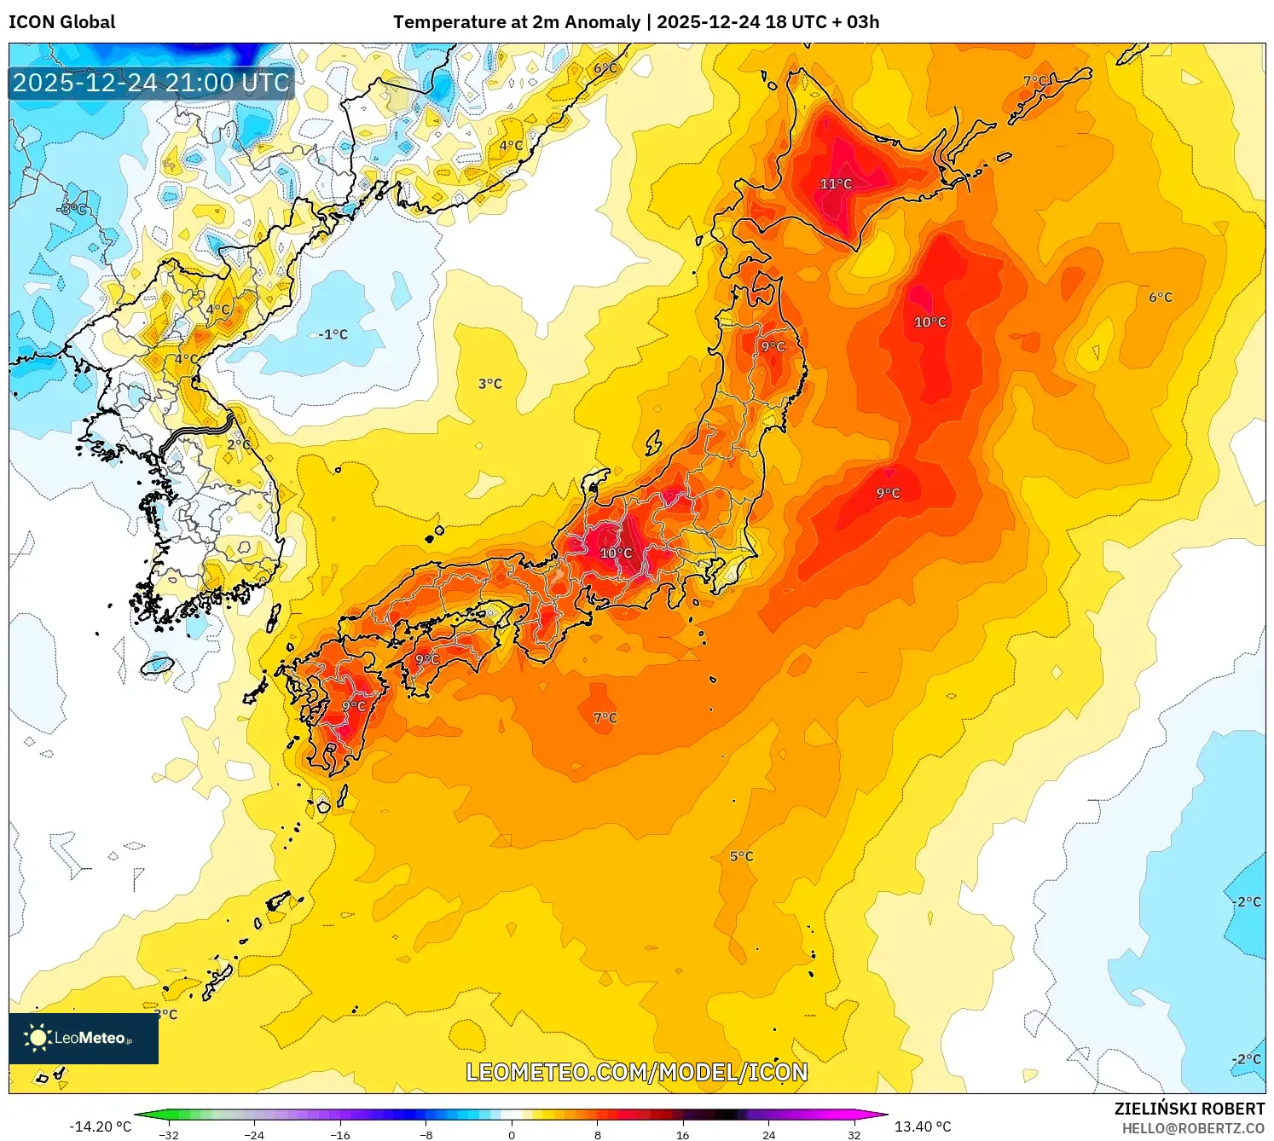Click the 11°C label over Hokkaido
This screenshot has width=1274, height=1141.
click(836, 184)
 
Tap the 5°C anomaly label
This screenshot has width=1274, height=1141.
click(741, 856)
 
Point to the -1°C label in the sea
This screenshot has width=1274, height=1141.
click(333, 334)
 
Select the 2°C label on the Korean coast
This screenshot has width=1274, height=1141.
click(239, 444)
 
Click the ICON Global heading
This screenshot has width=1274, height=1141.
click(61, 22)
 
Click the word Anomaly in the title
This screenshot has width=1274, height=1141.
click(604, 22)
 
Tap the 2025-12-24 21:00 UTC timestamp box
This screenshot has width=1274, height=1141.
click(151, 83)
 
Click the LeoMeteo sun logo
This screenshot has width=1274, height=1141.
click(38, 1038)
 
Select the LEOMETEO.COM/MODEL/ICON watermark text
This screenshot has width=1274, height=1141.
click(636, 1072)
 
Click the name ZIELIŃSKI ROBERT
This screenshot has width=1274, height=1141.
click(1189, 1109)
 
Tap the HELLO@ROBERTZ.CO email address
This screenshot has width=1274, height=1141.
click(1192, 1128)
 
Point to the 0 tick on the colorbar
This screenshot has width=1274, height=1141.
click(512, 1134)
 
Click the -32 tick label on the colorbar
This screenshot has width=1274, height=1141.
click(169, 1135)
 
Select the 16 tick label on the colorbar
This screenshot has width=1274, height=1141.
click(682, 1135)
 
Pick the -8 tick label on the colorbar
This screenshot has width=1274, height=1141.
click(426, 1135)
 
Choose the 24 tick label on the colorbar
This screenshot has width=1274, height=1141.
click(768, 1135)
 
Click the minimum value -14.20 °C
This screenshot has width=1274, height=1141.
click(100, 1127)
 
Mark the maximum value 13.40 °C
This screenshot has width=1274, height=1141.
click(923, 1127)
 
